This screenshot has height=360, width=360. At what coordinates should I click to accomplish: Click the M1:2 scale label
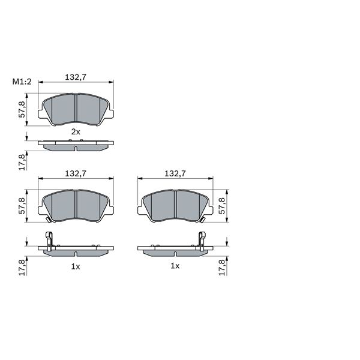(22, 82)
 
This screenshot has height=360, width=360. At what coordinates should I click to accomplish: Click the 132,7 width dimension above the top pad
(76, 77)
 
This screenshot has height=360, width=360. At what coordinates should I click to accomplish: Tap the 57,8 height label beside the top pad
(22, 110)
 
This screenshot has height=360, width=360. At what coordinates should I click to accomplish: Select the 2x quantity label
(76, 132)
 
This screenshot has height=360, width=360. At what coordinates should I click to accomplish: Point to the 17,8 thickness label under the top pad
(22, 162)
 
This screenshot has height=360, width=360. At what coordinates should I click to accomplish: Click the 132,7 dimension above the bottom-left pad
(76, 173)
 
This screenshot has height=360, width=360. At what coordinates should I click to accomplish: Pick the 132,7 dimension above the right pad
(175, 173)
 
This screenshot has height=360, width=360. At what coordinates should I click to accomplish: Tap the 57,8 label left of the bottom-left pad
(22, 206)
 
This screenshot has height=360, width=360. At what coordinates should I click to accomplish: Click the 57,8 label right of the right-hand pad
(222, 206)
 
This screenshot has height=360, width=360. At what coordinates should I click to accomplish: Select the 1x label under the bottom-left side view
(76, 266)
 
